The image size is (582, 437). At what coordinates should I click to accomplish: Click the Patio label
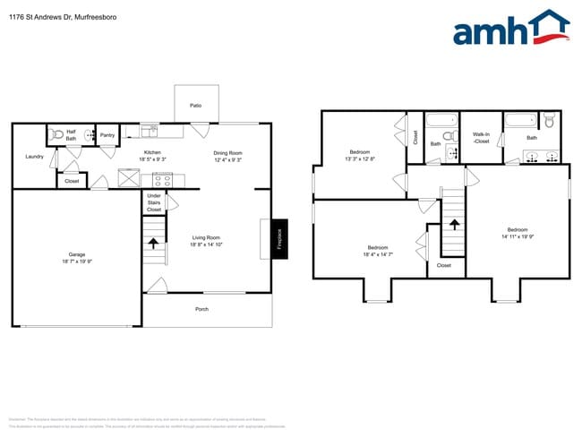point(195,106)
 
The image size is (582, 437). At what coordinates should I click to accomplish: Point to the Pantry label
point(107,135)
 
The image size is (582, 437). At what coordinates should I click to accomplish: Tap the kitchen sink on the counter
point(151,132)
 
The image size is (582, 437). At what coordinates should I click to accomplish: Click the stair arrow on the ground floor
point(153,241)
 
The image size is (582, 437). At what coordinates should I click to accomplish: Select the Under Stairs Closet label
point(154,202)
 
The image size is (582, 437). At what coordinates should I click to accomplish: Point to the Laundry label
point(35,157)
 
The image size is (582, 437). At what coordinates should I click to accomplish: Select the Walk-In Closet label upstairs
point(481,137)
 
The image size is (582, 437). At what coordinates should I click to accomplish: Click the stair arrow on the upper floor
point(454,225)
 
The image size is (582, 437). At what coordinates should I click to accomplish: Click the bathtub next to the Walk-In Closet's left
point(441,120)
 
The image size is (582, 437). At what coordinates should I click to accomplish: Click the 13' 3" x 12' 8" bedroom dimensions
point(361,159)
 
